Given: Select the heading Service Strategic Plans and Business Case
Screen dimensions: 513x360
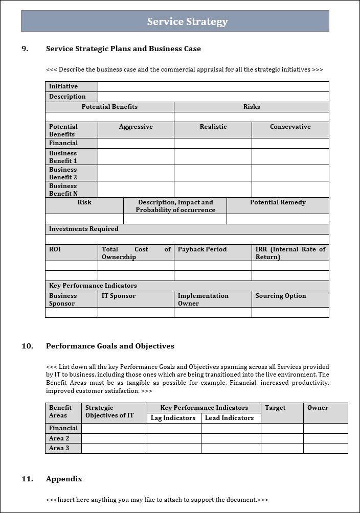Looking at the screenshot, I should click(x=123, y=49).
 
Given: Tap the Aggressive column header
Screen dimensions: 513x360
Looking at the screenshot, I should click(x=136, y=127).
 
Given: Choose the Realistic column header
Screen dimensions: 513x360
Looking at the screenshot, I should click(x=213, y=127).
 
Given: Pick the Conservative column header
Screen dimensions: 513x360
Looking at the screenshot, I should click(x=290, y=127).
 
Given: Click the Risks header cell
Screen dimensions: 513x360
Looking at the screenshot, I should click(x=251, y=107).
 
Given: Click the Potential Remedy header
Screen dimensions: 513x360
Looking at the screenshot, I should click(x=278, y=202).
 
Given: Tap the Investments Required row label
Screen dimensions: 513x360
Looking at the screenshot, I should click(x=83, y=229).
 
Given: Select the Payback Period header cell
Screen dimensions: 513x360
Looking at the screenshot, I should click(x=202, y=249).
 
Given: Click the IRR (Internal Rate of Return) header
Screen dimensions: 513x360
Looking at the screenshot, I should click(x=290, y=253).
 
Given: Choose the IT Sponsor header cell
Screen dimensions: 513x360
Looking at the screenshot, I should click(x=119, y=296).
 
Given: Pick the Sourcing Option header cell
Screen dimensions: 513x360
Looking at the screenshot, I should click(x=281, y=296).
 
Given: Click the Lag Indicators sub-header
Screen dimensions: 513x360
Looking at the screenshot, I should click(x=173, y=418).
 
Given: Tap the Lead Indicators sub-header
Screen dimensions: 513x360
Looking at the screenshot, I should click(x=229, y=418).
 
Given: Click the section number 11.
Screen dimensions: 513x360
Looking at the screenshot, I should click(x=27, y=479).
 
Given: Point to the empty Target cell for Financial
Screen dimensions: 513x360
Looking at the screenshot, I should click(x=282, y=428).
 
